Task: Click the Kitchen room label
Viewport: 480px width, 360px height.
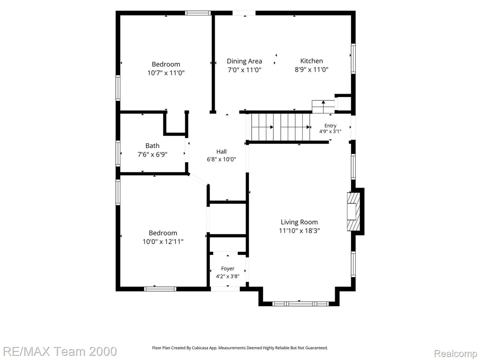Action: [311, 61]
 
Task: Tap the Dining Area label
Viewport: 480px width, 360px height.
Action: [244, 61]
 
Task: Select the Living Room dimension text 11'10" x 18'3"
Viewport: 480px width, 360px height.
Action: [300, 231]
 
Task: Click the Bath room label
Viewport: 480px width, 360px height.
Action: [152, 146]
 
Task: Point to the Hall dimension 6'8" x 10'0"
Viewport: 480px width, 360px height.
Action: [222, 159]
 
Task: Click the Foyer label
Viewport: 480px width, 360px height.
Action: [228, 269]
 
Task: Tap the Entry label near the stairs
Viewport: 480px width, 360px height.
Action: [330, 126]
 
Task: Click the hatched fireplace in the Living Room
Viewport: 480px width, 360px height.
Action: [352, 211]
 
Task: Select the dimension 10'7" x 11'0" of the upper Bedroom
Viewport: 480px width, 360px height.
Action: [166, 73]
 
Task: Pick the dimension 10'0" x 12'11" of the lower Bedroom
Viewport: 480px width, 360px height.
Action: [163, 241]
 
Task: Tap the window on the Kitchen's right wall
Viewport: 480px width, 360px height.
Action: [353, 59]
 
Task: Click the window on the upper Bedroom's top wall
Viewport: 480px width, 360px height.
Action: [198, 13]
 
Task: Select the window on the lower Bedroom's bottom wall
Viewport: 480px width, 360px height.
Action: [160, 289]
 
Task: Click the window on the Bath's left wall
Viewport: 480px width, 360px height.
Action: [118, 153]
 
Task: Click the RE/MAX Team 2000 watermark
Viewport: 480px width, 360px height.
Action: [59, 351]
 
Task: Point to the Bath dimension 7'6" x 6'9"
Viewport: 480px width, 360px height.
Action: [152, 154]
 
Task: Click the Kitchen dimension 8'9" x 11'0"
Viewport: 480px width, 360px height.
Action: [312, 69]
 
